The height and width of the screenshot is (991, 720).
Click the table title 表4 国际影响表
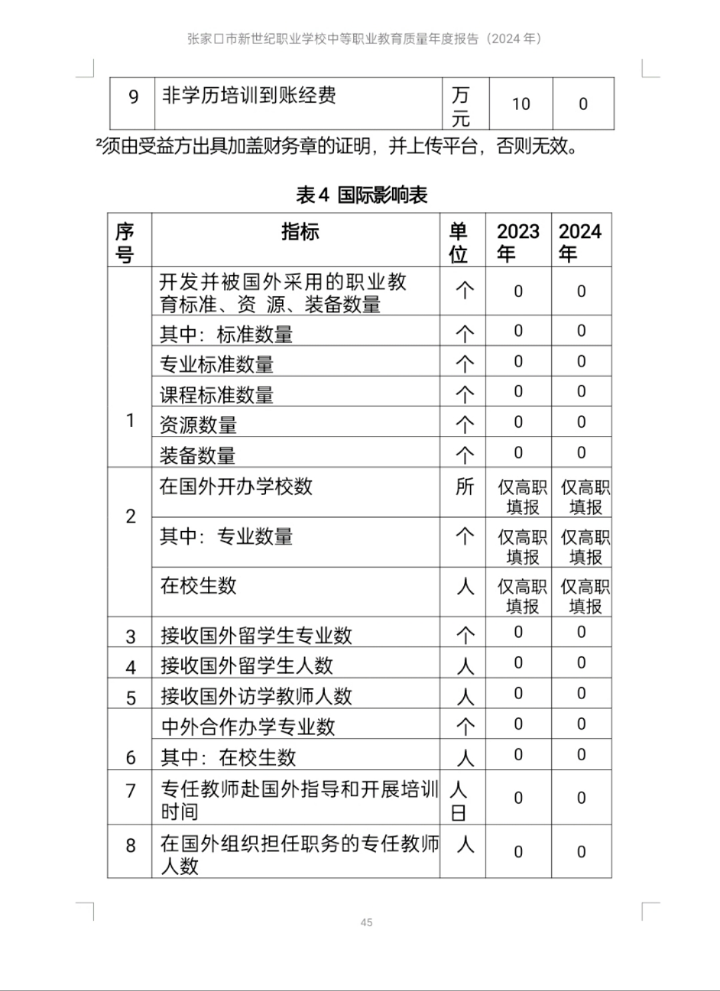coord(361,195)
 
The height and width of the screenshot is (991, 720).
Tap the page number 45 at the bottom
coord(366,922)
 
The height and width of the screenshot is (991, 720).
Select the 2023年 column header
coord(517,241)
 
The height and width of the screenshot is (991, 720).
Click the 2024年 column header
coord(580,241)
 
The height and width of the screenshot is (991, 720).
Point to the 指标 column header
coord(300,232)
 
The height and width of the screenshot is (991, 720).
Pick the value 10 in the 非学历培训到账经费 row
coord(521,104)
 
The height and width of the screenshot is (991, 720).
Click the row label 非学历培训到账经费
coord(249,95)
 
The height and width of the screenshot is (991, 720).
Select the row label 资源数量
coord(198,425)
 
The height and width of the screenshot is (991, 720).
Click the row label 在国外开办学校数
coord(236,487)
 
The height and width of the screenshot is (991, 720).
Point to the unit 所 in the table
coord(464,487)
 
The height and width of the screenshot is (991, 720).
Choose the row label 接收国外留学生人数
coord(247,665)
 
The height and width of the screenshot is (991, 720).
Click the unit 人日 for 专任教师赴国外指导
coord(459,800)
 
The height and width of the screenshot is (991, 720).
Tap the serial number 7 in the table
coord(131,791)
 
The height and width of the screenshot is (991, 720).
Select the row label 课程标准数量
coord(217,395)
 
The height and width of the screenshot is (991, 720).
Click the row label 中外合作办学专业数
coord(248,726)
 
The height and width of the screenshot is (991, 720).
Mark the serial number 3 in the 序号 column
coord(131,636)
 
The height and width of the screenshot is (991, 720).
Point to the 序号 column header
coord(125,243)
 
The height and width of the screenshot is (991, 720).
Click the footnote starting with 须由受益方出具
coord(337,146)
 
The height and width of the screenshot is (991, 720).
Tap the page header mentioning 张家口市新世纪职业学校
coord(364,39)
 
